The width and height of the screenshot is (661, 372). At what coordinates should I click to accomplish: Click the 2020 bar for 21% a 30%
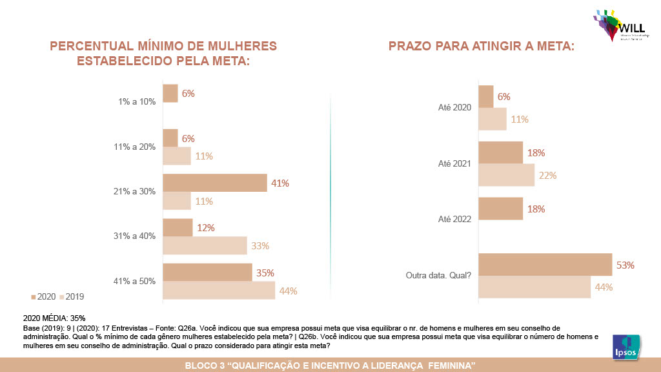click(x=214, y=183)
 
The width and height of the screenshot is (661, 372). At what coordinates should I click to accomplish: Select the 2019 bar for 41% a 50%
click(x=218, y=290)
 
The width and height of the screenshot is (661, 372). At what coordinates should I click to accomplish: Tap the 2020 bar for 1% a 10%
click(x=170, y=94)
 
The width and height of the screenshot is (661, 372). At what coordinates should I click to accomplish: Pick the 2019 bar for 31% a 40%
click(x=205, y=245)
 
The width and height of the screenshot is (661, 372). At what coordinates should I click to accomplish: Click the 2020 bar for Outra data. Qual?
click(x=545, y=265)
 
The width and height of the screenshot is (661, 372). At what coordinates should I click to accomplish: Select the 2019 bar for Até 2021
click(x=506, y=175)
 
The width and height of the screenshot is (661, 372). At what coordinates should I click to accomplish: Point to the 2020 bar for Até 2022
click(x=500, y=209)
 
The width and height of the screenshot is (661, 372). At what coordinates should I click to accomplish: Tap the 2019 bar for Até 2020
click(x=492, y=119)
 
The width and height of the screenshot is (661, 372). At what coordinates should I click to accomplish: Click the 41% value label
click(x=280, y=183)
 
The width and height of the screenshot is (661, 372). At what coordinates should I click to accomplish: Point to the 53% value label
click(x=625, y=265)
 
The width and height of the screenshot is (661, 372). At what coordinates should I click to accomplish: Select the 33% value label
click(x=259, y=245)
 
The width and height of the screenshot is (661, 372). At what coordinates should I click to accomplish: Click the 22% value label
click(x=547, y=175)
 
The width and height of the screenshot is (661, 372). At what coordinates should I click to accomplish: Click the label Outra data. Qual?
click(x=438, y=275)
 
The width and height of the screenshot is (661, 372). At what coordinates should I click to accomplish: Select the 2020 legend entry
click(x=43, y=296)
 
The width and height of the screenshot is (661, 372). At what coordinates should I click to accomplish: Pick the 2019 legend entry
click(x=72, y=296)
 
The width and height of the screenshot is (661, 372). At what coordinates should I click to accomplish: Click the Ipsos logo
click(x=625, y=346)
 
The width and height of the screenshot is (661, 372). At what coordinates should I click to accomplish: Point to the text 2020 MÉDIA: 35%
click(x=54, y=318)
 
